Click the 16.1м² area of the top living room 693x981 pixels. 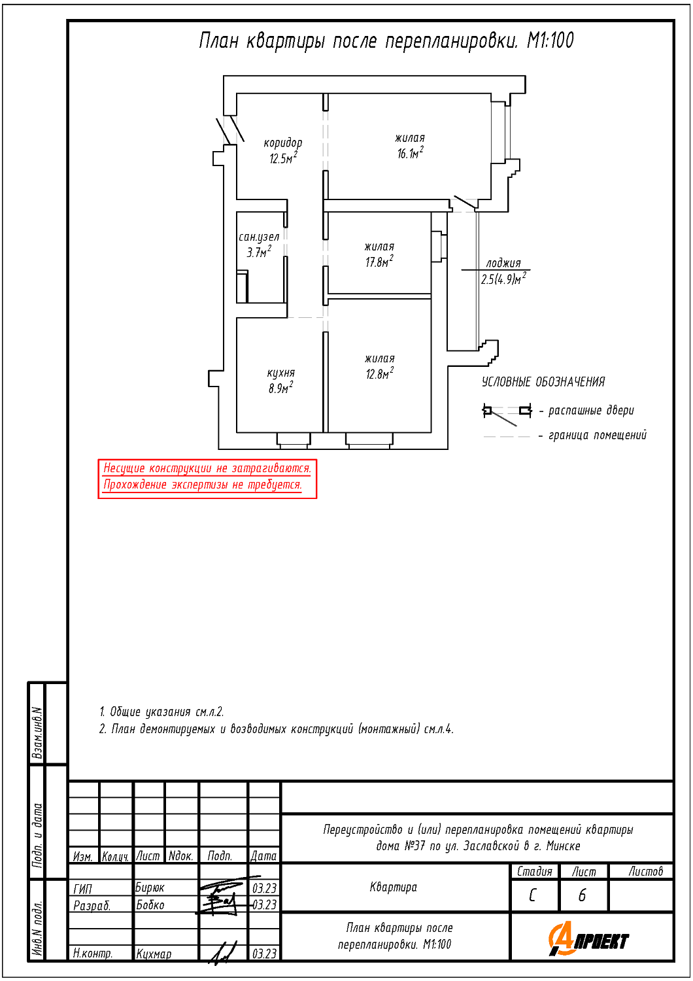click(x=410, y=153)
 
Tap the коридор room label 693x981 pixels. click(x=283, y=143)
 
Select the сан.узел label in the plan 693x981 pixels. click(x=259, y=237)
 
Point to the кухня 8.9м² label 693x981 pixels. click(x=281, y=381)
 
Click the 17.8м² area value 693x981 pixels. click(x=379, y=262)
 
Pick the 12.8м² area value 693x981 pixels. click(x=380, y=373)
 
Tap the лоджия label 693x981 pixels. click(x=503, y=263)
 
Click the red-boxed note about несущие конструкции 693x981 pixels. click(x=207, y=479)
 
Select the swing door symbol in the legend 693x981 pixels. click(x=507, y=413)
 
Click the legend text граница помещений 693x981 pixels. click(x=598, y=435)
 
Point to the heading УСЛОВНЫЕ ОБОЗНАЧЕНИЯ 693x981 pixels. click(x=543, y=382)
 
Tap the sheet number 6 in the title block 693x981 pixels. click(x=582, y=895)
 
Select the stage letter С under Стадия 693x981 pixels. click(x=532, y=895)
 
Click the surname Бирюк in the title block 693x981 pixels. click(x=150, y=887)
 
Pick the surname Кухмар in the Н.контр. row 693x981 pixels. click(x=154, y=954)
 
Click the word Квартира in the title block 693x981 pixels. click(x=393, y=887)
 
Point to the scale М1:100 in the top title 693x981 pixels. click(x=550, y=41)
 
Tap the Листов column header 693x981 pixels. click(x=646, y=872)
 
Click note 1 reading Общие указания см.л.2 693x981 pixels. click(x=161, y=712)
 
